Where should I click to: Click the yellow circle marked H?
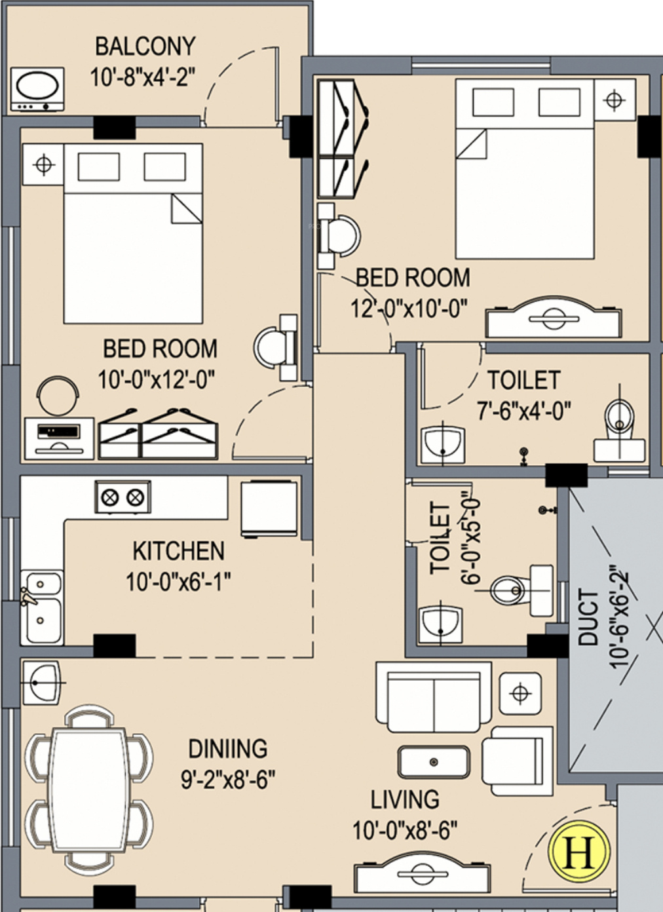pyautogui.click(x=580, y=851)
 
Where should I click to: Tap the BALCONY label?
pyautogui.click(x=145, y=47)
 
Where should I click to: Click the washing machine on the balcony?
pyautogui.click(x=37, y=89)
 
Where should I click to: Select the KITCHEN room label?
pyautogui.click(x=178, y=551)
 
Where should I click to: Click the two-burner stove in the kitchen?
pyautogui.click(x=123, y=497)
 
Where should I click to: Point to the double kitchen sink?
pyautogui.click(x=41, y=607)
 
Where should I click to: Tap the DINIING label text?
pyautogui.click(x=227, y=748)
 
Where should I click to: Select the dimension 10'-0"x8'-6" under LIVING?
pyautogui.click(x=405, y=829)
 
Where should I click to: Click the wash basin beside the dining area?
pyautogui.click(x=43, y=683)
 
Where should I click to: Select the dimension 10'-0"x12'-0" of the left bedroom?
pyautogui.click(x=157, y=379)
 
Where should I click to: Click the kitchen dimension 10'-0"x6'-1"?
pyautogui.click(x=178, y=582)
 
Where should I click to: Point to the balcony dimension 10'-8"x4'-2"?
pyautogui.click(x=142, y=77)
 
